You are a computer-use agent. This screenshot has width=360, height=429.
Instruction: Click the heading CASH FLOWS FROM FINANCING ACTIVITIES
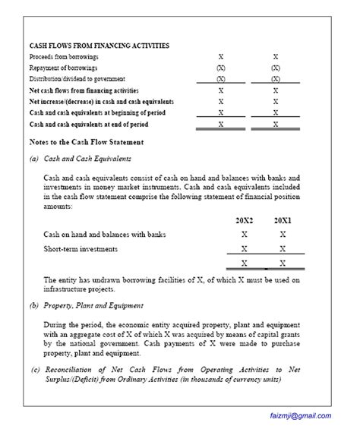click(99, 46)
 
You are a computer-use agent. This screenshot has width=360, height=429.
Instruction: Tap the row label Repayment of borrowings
click(64, 68)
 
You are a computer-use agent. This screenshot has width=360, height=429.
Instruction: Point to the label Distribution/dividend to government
click(77, 78)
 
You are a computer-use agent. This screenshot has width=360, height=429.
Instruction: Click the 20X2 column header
click(244, 219)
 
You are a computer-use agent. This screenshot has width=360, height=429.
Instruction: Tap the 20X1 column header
click(283, 219)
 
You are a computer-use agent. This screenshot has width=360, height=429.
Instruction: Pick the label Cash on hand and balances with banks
click(105, 234)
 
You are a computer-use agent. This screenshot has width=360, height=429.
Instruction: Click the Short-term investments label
click(81, 248)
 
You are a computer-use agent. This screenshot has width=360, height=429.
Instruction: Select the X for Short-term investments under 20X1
click(283, 248)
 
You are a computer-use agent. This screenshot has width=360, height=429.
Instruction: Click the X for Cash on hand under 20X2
click(244, 234)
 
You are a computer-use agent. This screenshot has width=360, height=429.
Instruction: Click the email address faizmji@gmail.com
click(300, 415)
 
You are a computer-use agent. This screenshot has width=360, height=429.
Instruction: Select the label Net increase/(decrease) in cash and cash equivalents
click(101, 101)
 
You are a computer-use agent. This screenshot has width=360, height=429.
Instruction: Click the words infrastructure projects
click(79, 289)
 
